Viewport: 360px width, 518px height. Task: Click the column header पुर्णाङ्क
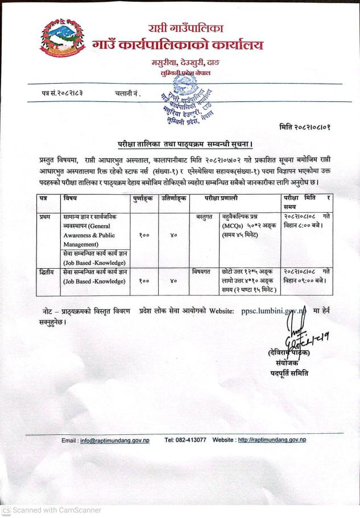[x=143, y=198]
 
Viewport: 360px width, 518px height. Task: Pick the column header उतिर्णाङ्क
[x=172, y=198]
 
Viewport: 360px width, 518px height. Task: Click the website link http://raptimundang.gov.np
[x=272, y=440]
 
